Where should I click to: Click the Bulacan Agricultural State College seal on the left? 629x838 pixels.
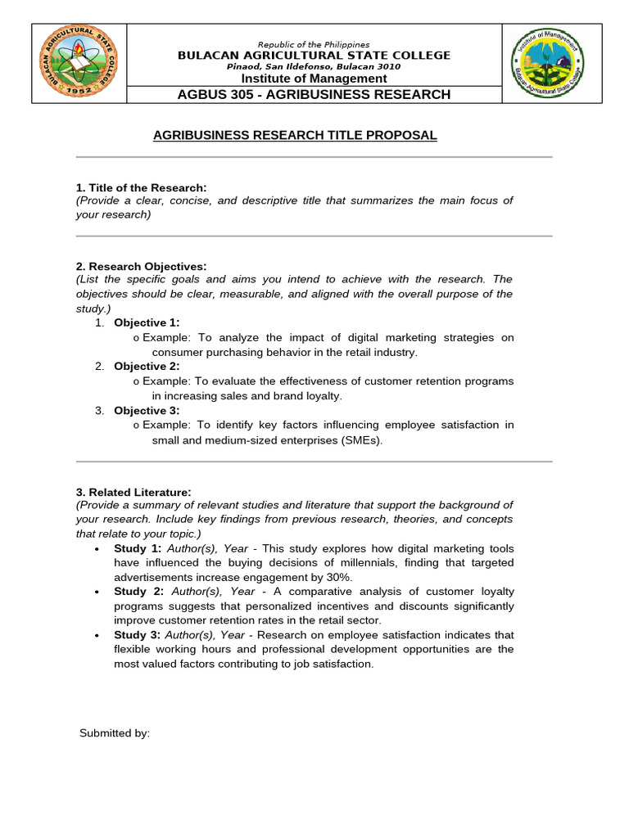click(79, 64)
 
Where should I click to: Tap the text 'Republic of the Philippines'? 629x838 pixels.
click(314, 44)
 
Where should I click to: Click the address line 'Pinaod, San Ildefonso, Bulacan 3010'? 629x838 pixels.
click(314, 66)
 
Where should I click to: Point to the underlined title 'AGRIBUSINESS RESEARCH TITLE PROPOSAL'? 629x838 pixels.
click(295, 135)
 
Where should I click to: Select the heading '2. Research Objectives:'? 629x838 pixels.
click(141, 266)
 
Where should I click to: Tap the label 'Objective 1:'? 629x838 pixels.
click(147, 322)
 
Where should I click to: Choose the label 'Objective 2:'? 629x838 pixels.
click(147, 367)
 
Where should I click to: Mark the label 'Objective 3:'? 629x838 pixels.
click(147, 411)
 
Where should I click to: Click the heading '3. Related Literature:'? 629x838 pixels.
click(133, 492)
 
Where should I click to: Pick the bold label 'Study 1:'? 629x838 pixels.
click(138, 548)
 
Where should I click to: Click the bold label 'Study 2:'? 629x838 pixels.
click(138, 591)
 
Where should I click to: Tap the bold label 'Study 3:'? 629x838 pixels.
click(138, 635)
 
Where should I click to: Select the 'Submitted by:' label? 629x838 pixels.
click(115, 733)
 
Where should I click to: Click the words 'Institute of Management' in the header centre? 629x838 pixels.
click(314, 79)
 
